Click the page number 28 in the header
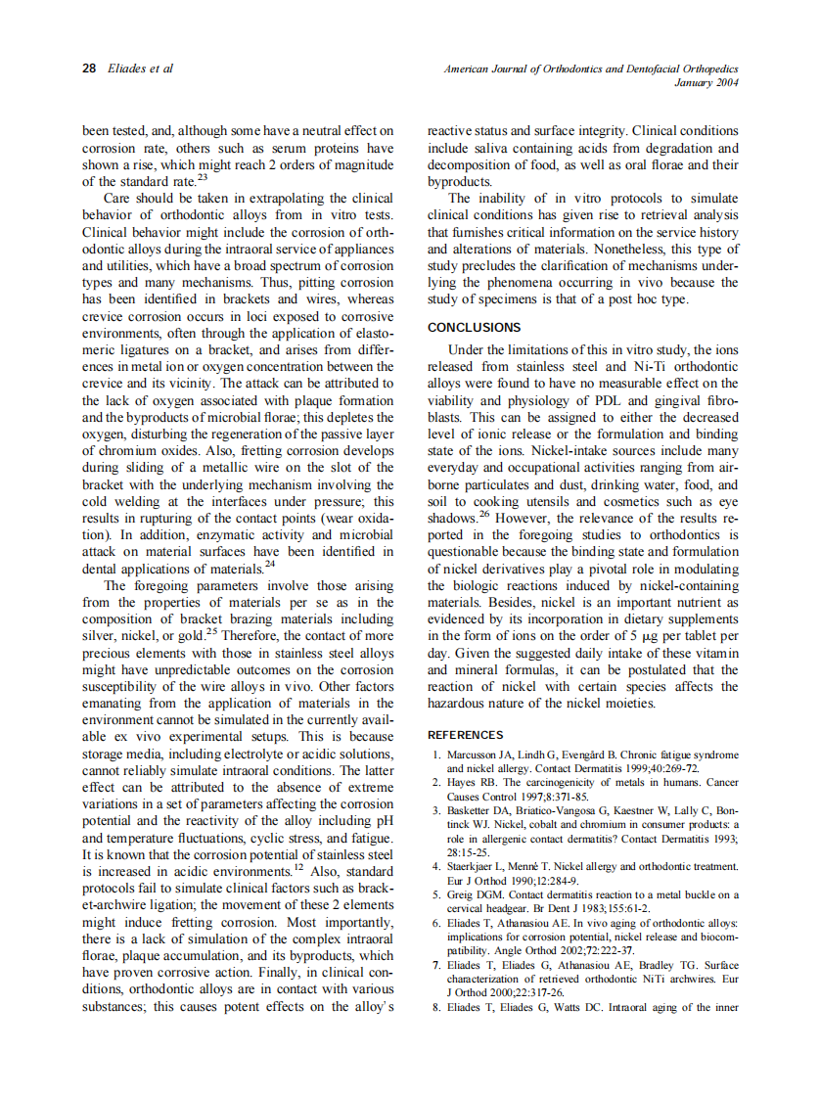[88, 69]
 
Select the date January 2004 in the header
[706, 83]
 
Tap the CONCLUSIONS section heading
[475, 328]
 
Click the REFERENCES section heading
[466, 735]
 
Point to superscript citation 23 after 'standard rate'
[203, 177]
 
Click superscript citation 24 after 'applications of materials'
[270, 564]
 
